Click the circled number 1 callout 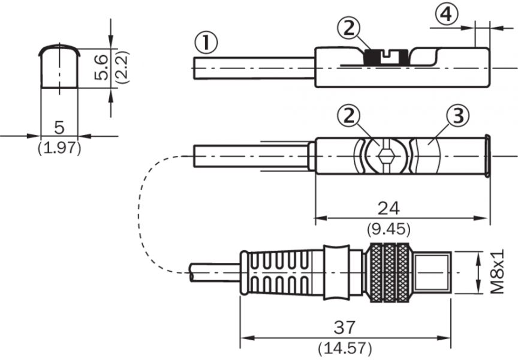(x=206, y=43)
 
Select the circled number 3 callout (x=457, y=116)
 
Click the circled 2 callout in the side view (x=349, y=28)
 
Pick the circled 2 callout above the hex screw (x=349, y=116)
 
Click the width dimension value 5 (x=59, y=127)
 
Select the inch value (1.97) (x=59, y=148)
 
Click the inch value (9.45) (x=388, y=229)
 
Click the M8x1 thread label (x=497, y=272)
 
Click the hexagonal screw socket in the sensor (x=386, y=156)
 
